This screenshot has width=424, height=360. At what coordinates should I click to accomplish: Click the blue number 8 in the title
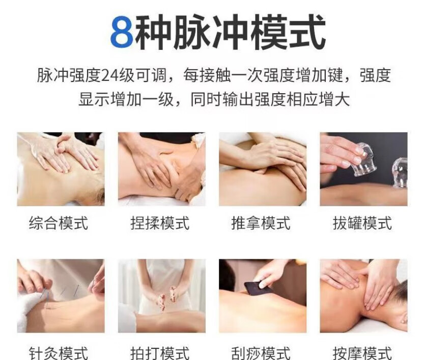pos(122,32)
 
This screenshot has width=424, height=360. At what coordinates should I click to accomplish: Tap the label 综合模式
pos(59,223)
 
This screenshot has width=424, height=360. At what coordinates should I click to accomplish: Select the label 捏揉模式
pos(160,223)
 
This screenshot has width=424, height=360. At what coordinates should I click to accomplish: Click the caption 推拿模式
pos(261,223)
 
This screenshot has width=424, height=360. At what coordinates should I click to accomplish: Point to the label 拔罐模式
pos(362,223)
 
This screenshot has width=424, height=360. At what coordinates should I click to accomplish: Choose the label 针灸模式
pos(59,353)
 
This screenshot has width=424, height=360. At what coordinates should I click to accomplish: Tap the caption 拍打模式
pos(160,353)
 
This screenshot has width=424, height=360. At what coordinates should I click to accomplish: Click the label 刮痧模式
pos(261,353)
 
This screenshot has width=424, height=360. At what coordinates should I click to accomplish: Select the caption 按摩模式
pos(362,353)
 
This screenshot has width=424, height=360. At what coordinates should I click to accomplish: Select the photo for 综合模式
pos(61,169)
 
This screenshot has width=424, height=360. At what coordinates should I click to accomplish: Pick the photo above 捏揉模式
pos(162,169)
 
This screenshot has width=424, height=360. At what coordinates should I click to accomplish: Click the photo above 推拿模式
pos(263,169)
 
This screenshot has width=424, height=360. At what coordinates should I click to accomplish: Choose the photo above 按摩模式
pos(364,296)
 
